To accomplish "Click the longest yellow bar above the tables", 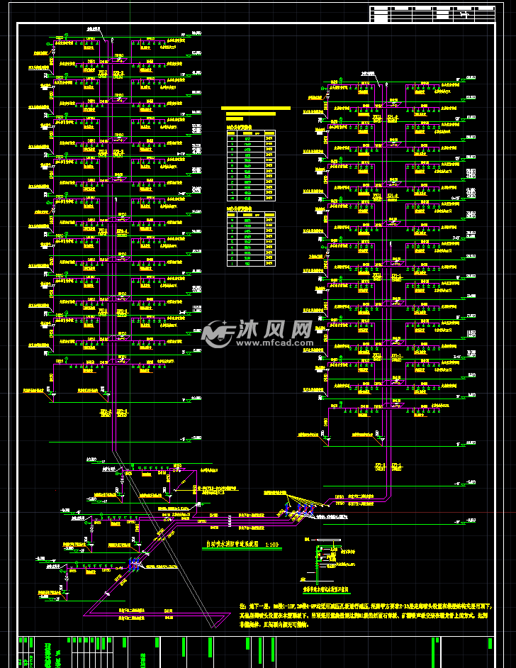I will [256, 108].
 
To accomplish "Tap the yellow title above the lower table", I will [239, 209].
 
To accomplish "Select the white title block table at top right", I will [432, 14].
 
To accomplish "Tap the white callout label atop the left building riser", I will [94, 29].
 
